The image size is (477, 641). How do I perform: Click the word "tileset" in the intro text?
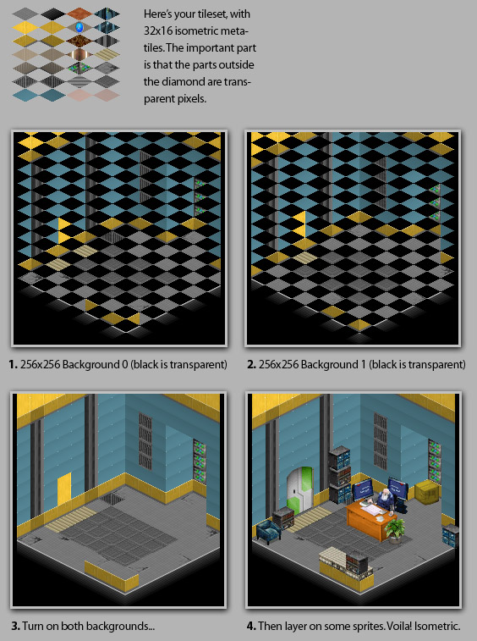coord(211,14)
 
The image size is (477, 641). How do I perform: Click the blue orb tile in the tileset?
coord(80,28)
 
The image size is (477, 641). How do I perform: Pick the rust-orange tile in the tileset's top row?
coord(80,14)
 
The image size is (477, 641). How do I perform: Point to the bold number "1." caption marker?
coord(13,364)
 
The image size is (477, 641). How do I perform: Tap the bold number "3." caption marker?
coord(15,626)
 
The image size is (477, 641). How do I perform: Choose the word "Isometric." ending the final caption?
coord(442,626)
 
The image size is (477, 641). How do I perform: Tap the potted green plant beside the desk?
coord(395,530)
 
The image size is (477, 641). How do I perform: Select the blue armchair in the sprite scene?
coord(268,532)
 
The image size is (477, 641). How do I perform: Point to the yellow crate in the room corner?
coord(428,492)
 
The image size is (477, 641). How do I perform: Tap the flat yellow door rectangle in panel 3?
coord(64,489)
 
